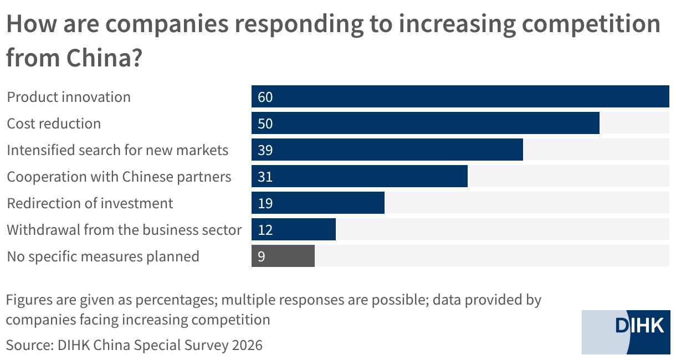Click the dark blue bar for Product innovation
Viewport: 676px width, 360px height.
pos(460,96)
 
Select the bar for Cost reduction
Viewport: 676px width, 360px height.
pos(426,123)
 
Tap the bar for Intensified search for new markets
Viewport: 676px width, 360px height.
pos(387,150)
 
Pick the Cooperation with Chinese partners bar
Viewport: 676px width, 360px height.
pos(360,176)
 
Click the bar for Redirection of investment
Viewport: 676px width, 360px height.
pos(318,203)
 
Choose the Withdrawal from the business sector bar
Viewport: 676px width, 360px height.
pos(293,229)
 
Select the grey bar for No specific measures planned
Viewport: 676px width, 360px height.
pos(283,255)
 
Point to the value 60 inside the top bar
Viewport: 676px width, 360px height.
pos(265,97)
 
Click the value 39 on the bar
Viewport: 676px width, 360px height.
pos(265,150)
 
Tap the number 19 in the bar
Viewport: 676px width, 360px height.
pos(265,203)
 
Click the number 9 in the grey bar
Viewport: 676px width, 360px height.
pos(262,256)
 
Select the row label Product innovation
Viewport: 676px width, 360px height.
pos(69,97)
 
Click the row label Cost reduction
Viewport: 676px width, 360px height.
pos(54,124)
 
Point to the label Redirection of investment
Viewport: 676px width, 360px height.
pos(90,203)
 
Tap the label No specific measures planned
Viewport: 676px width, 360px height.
pos(103,257)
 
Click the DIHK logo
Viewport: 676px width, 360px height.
pos(626,332)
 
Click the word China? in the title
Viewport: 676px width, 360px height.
pos(104,58)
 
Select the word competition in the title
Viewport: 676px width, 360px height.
pos(591,24)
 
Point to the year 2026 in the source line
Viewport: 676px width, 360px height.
pos(247,345)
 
